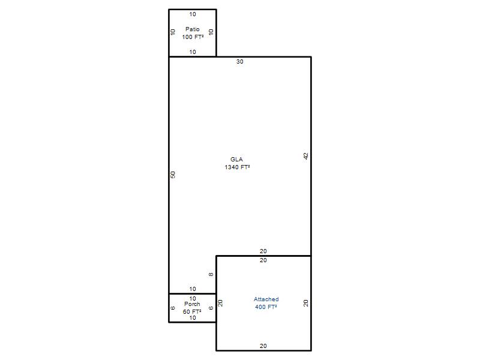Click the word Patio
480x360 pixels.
(x=192, y=29)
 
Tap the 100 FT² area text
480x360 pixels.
(x=193, y=37)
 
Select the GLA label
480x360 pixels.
(x=236, y=159)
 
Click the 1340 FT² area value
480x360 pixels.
(x=237, y=167)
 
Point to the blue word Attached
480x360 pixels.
(x=266, y=299)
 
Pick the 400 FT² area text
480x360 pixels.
(x=266, y=307)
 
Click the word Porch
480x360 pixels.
(x=192, y=304)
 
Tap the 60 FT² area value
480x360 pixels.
(x=192, y=311)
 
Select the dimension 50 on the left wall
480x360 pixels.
(x=173, y=175)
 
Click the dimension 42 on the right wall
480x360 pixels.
(x=306, y=156)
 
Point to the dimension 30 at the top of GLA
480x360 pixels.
(x=239, y=62)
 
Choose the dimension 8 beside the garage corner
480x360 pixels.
(x=211, y=275)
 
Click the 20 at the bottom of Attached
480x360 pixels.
(x=263, y=346)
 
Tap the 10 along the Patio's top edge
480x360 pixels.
(x=193, y=14)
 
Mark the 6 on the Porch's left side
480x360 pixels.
(x=173, y=308)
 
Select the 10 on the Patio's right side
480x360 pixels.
(x=211, y=32)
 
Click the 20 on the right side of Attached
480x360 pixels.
(x=306, y=303)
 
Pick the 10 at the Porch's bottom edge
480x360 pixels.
(x=193, y=318)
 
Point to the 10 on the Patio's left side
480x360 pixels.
(x=173, y=32)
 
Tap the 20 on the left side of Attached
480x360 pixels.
(x=220, y=303)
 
